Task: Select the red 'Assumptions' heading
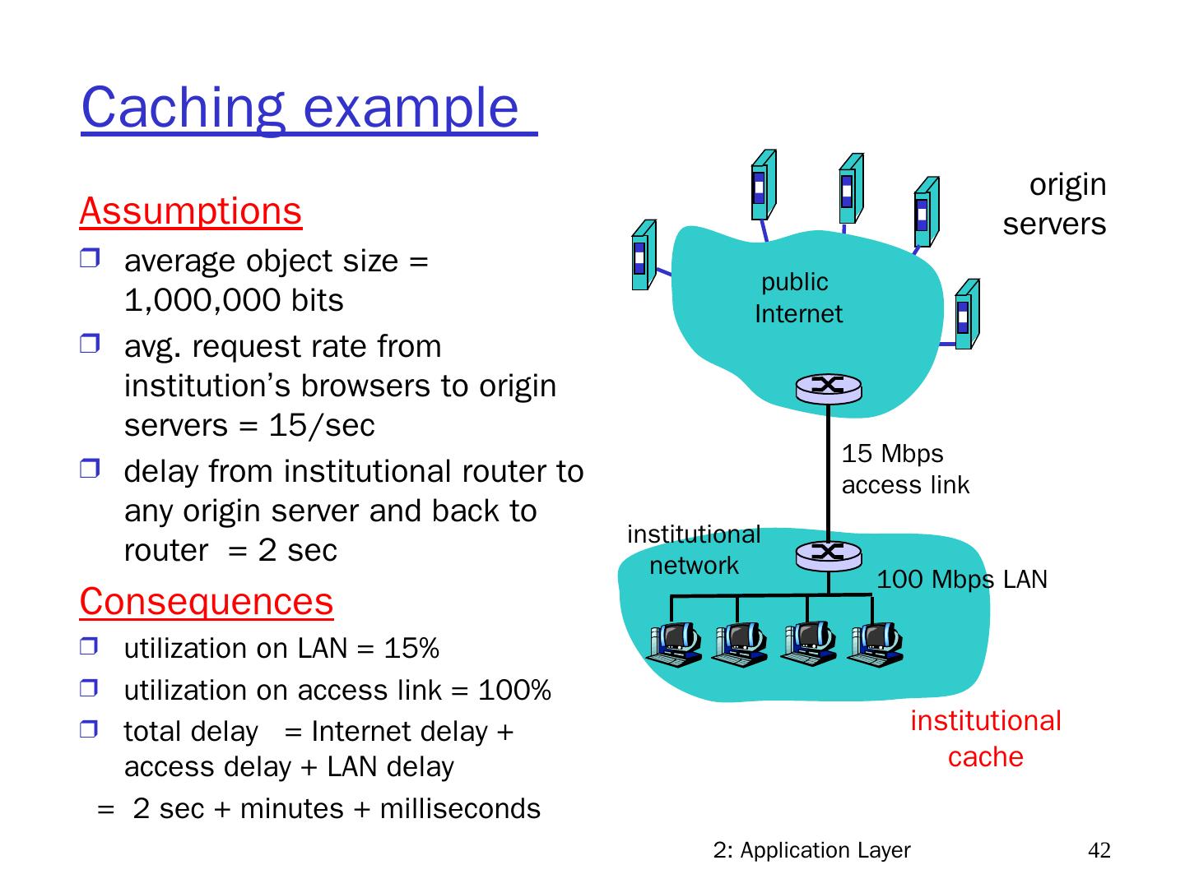(191, 210)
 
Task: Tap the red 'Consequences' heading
(207, 601)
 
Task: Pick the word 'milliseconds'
(460, 809)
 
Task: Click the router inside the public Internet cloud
(829, 387)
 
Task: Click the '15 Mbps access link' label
(904, 469)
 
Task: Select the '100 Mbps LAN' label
(961, 580)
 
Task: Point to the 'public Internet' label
(797, 298)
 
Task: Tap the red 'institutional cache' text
(985, 738)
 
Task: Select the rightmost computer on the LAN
(876, 643)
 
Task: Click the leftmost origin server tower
(644, 255)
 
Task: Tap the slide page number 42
(1099, 851)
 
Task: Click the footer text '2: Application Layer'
(811, 851)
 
